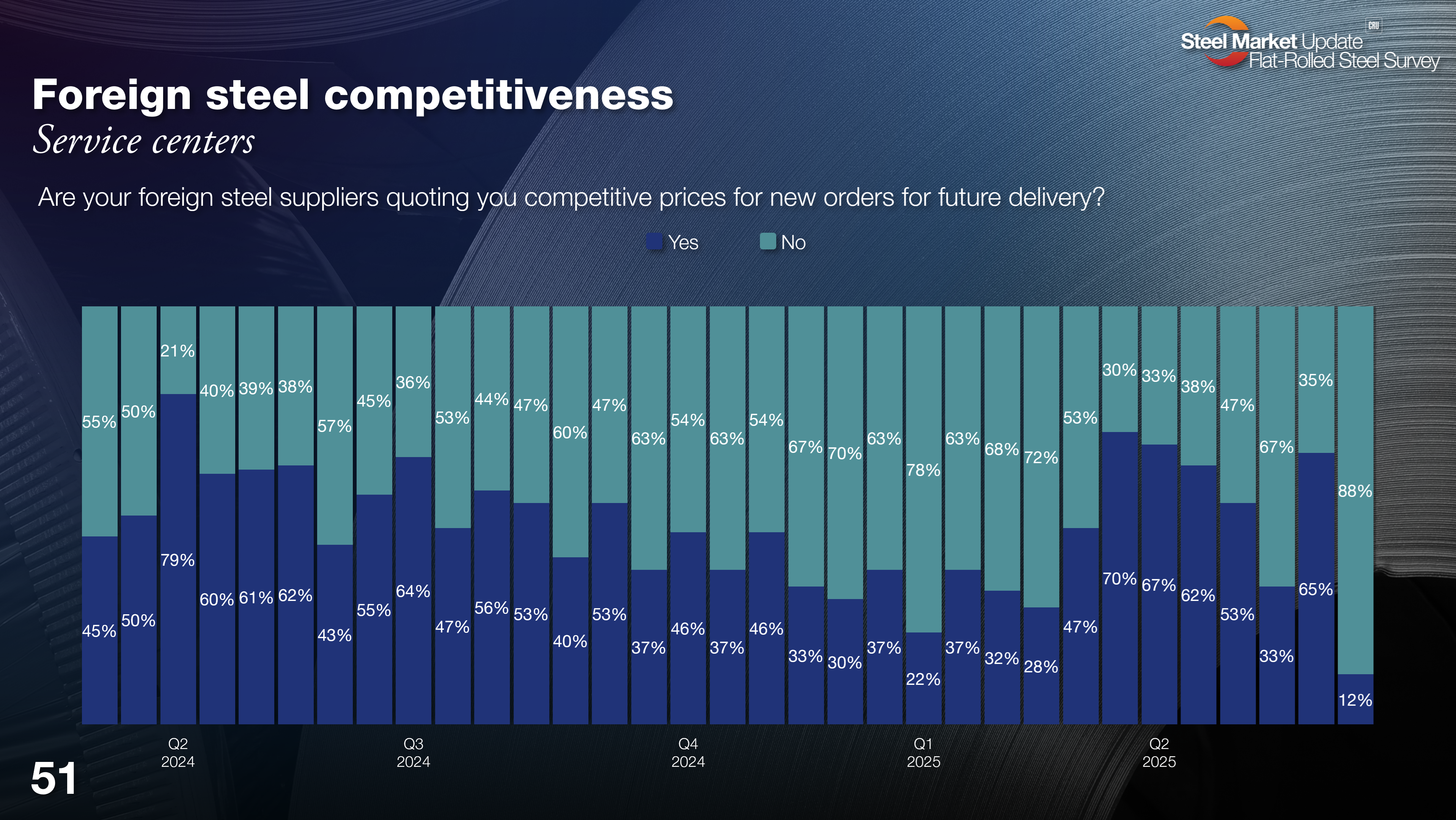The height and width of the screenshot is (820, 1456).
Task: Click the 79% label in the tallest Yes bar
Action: point(178,560)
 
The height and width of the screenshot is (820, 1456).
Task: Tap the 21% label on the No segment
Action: point(178,351)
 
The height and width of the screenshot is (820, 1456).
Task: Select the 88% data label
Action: point(1355,491)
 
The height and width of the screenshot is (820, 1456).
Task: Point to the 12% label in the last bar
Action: point(1355,700)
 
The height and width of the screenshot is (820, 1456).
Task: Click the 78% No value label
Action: point(923,470)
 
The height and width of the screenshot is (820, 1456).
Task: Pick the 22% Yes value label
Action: point(923,679)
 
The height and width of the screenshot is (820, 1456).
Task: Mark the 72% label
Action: point(1041,457)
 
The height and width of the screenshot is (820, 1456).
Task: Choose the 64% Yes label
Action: point(413,591)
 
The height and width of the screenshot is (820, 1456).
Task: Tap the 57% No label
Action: point(334,426)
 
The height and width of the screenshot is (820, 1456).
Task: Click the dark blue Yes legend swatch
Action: point(654,242)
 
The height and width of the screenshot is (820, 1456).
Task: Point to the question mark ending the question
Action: point(1098,197)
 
